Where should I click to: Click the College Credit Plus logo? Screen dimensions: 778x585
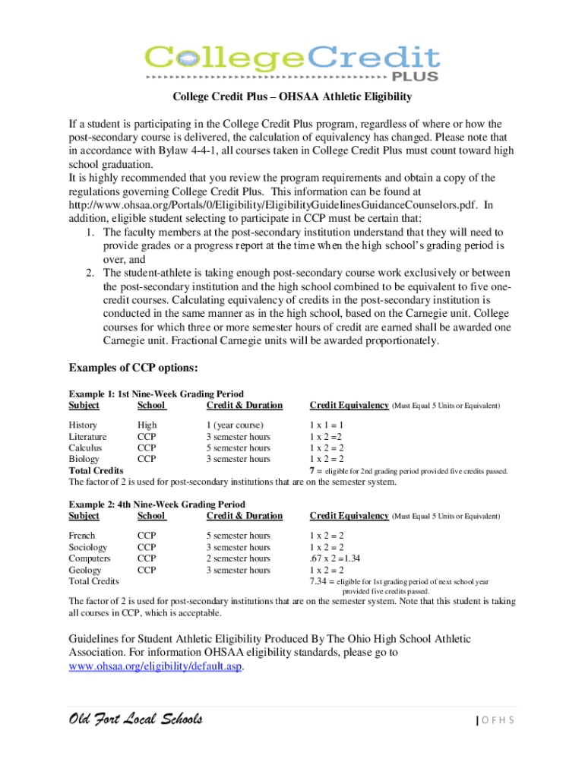tap(292, 60)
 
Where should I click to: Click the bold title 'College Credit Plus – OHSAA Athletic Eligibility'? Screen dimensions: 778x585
tap(292, 96)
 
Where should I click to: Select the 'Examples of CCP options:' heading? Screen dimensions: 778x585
tap(134, 368)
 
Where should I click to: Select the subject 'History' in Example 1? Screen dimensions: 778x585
tap(83, 425)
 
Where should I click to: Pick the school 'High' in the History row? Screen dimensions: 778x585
tap(147, 425)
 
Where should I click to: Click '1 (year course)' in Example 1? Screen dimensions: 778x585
tap(235, 425)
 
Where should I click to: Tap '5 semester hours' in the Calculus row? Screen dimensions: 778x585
tap(238, 448)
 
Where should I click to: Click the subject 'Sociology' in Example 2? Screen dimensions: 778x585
tap(88, 547)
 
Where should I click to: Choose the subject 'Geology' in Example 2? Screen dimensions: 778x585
tap(86, 570)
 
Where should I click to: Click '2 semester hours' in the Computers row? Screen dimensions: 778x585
tap(238, 558)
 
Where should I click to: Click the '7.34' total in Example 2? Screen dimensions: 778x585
tap(318, 581)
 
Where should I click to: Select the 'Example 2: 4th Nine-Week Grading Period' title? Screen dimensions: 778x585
tap(157, 504)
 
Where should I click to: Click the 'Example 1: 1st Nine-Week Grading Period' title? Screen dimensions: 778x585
tap(157, 394)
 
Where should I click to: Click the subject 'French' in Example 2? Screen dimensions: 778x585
tap(83, 536)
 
